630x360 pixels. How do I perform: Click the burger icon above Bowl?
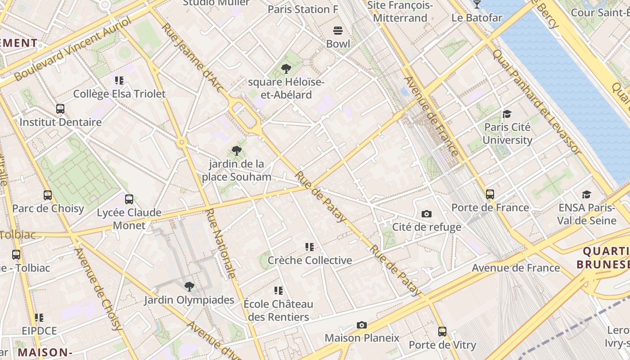pos(337,31)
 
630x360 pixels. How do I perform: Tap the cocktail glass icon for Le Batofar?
pos(477,4)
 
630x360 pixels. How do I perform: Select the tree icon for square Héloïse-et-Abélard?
pos(286,69)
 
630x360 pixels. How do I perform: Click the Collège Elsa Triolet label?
pos(119,94)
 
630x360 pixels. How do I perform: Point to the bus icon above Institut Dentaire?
pos(60,109)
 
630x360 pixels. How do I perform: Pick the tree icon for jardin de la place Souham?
pos(236,151)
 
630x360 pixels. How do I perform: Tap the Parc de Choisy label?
pos(48,208)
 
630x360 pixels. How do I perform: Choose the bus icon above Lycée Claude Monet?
pos(129,199)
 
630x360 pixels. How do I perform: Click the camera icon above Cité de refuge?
pos(426,214)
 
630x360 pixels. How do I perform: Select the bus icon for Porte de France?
pos(490,194)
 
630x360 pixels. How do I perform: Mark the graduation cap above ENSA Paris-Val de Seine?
pos(586,194)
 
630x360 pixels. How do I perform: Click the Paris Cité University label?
pos(507,134)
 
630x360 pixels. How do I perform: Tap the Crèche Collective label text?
pos(310,260)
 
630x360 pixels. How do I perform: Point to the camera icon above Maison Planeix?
pos(361,325)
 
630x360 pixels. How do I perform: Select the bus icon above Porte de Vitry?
pos(442,332)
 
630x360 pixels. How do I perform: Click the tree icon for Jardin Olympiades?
pos(189,286)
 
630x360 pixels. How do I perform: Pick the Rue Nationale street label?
pos(221,243)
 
